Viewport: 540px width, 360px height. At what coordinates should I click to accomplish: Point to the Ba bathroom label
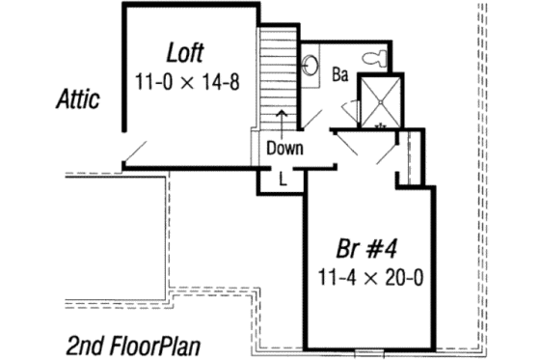(x=339, y=74)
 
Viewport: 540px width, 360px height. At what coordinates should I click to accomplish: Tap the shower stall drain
(x=380, y=124)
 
